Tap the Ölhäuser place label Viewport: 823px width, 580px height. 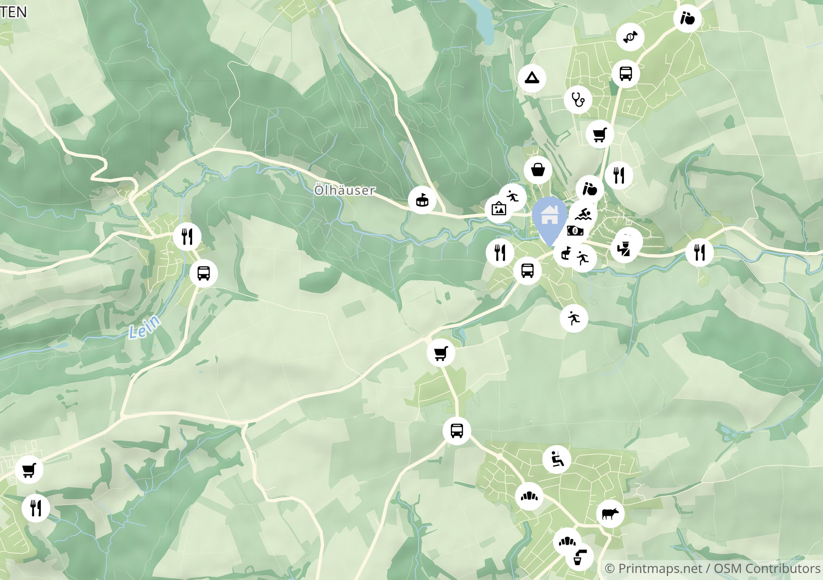pyautogui.click(x=345, y=190)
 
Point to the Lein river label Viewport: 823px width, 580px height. pyautogui.click(x=144, y=327)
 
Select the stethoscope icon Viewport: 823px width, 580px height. pyautogui.click(x=577, y=100)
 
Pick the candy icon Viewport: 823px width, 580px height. pyautogui.click(x=630, y=37)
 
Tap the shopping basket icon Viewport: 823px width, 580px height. pyautogui.click(x=538, y=170)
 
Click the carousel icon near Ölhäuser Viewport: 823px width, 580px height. pyautogui.click(x=422, y=200)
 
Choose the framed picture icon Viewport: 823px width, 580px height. pyautogui.click(x=499, y=209)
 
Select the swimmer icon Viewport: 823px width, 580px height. pyautogui.click(x=583, y=214)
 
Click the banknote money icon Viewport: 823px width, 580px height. pyautogui.click(x=575, y=231)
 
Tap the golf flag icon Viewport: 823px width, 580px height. pyautogui.click(x=566, y=253)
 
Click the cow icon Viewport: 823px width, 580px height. pyautogui.click(x=610, y=514)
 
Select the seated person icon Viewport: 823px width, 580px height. pyautogui.click(x=556, y=459)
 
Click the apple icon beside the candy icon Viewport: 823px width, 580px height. pyautogui.click(x=687, y=18)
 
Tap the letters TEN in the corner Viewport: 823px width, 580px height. pyautogui.click(x=14, y=12)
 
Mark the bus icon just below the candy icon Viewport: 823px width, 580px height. pyautogui.click(x=626, y=73)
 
